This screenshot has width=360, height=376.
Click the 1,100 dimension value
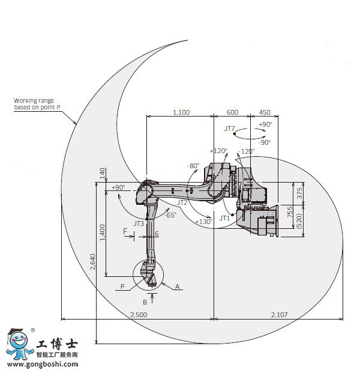tap(181, 112)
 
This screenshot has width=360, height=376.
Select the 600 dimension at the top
tap(232, 112)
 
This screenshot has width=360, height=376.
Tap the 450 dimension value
tap(265, 112)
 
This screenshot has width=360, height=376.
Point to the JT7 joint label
tap(229, 129)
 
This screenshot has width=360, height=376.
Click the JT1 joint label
tap(224, 218)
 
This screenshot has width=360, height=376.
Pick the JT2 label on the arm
tap(182, 202)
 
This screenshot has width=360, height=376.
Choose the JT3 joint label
tap(139, 223)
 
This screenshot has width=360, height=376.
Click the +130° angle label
tap(203, 222)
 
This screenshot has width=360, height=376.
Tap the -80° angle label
tap(193, 166)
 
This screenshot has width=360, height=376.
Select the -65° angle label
tap(170, 215)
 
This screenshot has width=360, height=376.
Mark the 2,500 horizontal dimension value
tap(139, 314)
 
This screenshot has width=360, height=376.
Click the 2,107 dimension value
tap(279, 314)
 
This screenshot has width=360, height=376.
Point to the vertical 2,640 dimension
tap(92, 262)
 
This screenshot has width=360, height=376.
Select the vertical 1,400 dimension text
tap(102, 232)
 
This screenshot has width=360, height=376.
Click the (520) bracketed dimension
tap(299, 221)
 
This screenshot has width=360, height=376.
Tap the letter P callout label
tap(122, 287)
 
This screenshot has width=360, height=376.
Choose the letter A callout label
tap(177, 287)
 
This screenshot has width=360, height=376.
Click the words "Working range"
tap(34, 101)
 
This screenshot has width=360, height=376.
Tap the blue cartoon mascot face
tap(19, 340)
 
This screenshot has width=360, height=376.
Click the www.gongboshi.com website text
tap(43, 365)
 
